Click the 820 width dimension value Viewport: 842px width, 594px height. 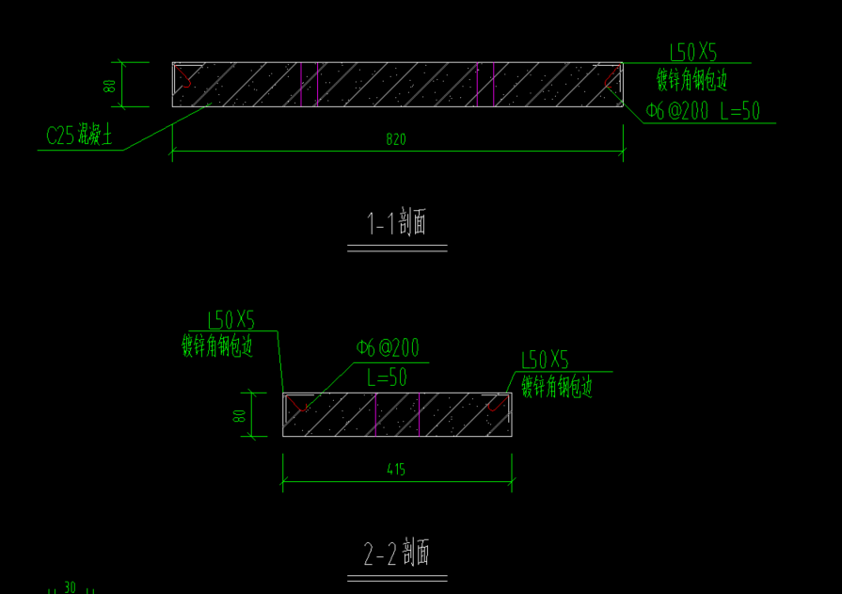396,139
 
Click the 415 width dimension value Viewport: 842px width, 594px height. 396,469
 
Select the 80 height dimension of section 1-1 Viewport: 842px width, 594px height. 110,85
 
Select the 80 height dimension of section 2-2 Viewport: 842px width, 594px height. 240,414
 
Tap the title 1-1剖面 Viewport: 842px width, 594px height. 397,224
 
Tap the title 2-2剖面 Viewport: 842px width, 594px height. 397,554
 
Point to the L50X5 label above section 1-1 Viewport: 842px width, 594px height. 693,53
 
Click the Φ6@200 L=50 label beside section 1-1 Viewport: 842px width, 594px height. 703,111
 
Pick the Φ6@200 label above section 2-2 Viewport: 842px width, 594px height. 388,348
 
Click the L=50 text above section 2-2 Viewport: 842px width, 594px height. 387,377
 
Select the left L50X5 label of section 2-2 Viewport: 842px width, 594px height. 230,321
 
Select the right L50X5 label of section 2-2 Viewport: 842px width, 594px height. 546,360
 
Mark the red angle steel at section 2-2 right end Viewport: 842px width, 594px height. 497,404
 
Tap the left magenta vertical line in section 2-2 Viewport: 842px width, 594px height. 375,414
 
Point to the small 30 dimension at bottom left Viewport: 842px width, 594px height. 70,587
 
